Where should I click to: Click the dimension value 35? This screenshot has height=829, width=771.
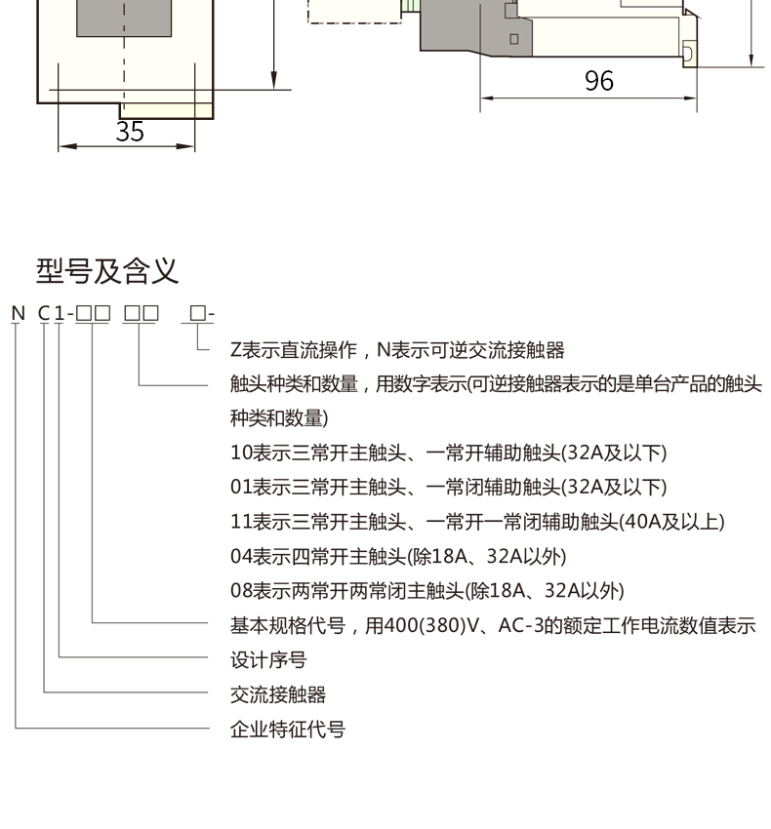point(130,132)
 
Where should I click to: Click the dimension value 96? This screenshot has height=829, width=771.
point(599,81)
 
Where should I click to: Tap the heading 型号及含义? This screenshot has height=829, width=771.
point(107,271)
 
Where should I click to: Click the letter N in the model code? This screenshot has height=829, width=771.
point(18,313)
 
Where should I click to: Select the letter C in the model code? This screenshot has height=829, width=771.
point(44,313)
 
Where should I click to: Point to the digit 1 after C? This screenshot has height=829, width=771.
point(60,313)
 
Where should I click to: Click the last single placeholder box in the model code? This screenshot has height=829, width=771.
point(197,313)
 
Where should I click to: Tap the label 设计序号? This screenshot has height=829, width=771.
point(268,660)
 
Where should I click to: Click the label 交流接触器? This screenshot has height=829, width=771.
point(278,694)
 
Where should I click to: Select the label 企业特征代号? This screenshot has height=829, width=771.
point(287,730)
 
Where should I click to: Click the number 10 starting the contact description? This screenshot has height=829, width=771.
point(241,453)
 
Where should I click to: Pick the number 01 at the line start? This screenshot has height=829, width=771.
point(241,487)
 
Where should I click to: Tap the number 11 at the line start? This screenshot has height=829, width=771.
point(241,522)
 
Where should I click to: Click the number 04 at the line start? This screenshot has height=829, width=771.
point(241,556)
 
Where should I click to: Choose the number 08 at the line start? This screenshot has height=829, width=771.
point(241,591)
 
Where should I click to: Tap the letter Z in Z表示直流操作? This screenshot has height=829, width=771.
point(236,350)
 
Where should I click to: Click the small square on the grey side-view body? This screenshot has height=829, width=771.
point(514,39)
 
